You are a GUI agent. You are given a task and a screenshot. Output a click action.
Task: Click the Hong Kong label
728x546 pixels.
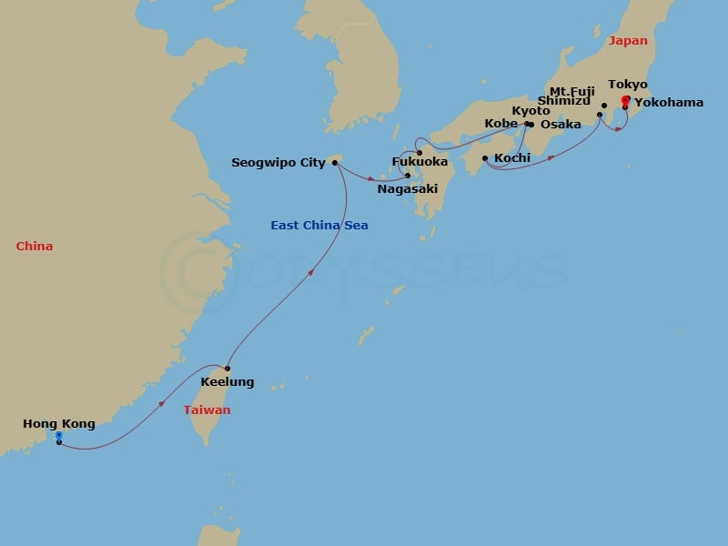point(58,424)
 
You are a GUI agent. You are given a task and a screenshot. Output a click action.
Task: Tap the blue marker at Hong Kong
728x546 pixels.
point(58,437)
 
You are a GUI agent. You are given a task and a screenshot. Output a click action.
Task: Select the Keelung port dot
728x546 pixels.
point(227,369)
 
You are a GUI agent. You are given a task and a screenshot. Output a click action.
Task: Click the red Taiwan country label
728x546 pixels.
point(207,410)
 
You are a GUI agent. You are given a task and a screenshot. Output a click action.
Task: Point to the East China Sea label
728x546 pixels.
point(318,225)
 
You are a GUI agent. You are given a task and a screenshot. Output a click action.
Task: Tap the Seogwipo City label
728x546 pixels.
point(278,163)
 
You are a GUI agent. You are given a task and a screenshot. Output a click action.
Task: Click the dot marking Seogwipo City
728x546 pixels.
point(335,163)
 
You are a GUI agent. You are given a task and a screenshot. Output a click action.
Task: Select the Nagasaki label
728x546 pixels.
point(407,189)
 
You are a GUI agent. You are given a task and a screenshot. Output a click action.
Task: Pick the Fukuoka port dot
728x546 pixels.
point(420,153)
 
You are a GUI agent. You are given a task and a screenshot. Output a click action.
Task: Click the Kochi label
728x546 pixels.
point(512,158)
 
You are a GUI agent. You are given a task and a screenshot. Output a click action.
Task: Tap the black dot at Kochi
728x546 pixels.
point(485,158)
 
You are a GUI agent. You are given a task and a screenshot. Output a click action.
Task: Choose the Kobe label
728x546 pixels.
point(501,123)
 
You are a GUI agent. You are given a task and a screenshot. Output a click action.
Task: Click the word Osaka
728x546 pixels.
point(561,125)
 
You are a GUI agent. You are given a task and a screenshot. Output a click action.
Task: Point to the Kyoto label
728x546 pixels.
point(531,111)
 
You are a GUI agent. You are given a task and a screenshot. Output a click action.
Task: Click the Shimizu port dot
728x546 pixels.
point(600,115)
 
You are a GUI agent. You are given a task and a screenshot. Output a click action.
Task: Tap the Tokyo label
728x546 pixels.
point(629,85)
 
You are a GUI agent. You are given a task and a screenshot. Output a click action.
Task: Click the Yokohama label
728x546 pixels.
point(669,103)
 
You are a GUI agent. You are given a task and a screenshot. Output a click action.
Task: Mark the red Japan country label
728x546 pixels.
point(629,41)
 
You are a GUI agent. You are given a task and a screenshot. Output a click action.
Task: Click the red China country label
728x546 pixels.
point(35,247)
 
